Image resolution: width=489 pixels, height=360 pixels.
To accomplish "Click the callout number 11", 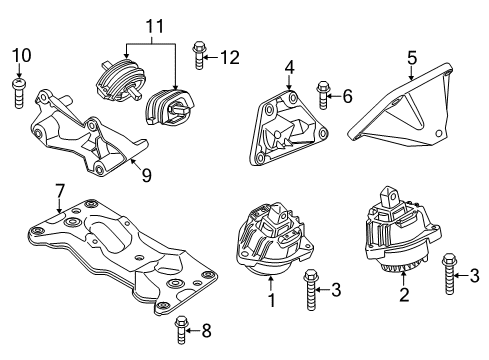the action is [155, 26].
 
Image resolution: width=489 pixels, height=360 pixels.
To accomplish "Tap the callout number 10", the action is [22, 55].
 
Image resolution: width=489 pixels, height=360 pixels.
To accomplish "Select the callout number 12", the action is [230, 58].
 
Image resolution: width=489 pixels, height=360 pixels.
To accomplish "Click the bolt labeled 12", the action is [198, 55].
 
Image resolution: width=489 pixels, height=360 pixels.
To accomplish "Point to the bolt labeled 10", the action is [19, 93].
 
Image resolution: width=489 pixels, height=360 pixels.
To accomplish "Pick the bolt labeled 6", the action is [322, 95].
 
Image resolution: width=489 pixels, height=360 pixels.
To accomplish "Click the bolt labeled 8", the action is [181, 330].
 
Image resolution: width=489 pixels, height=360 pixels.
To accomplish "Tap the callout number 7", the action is [59, 191].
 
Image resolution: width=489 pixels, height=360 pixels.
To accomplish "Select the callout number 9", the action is [147, 175].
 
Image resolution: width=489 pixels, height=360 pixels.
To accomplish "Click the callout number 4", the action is [289, 67].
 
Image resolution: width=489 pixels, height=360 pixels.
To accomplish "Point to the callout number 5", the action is [412, 58].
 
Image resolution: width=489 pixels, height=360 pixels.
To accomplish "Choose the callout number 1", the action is [272, 300].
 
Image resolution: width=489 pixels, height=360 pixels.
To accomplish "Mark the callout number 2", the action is [404, 295].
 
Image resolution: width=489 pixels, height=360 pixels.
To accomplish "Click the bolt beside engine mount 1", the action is [310, 290].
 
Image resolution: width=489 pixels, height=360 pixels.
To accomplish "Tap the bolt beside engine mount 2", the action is [449, 274].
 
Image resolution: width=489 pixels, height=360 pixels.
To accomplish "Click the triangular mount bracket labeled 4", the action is [289, 128].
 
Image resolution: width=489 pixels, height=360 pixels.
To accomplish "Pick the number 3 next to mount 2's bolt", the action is [474, 276].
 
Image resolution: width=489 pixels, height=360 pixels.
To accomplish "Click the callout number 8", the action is [207, 331].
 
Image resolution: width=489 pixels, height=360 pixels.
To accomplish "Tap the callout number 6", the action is [347, 96].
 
